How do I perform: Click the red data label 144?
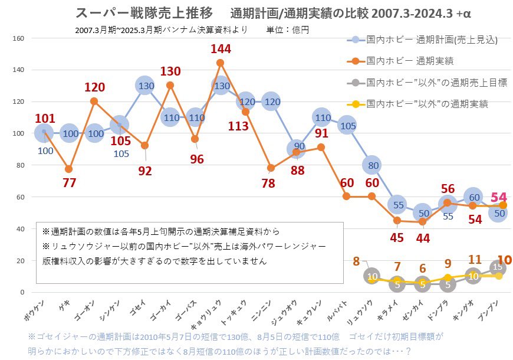[x=221, y=50]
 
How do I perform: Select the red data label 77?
[x=70, y=183]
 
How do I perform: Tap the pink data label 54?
[x=499, y=197]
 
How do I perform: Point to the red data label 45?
[x=397, y=237]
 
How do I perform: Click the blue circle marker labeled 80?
[x=372, y=165]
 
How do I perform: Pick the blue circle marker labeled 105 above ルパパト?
[x=347, y=125]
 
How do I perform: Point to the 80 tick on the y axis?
[x=19, y=165]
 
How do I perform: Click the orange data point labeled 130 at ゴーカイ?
[x=170, y=85]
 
